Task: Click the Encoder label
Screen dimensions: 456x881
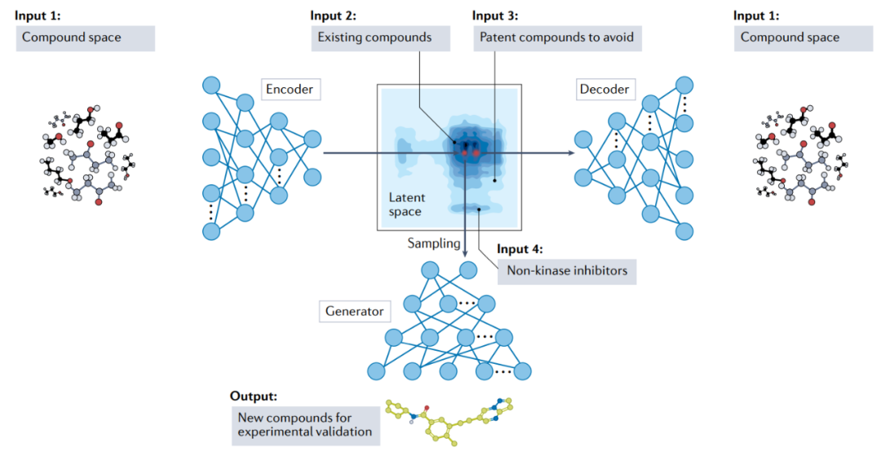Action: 291,88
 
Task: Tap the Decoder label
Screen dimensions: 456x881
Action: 604,88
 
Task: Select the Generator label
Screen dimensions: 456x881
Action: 354,311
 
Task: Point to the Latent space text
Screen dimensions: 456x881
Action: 405,205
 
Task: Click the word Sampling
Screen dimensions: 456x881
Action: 434,242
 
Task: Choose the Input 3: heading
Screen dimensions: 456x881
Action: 496,15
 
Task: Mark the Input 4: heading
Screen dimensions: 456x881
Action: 520,249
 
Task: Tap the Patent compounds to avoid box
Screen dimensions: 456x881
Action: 556,38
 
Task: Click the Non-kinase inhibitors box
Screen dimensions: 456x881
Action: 566,271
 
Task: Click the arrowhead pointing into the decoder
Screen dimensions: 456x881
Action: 564,152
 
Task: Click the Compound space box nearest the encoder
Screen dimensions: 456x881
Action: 86,38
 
